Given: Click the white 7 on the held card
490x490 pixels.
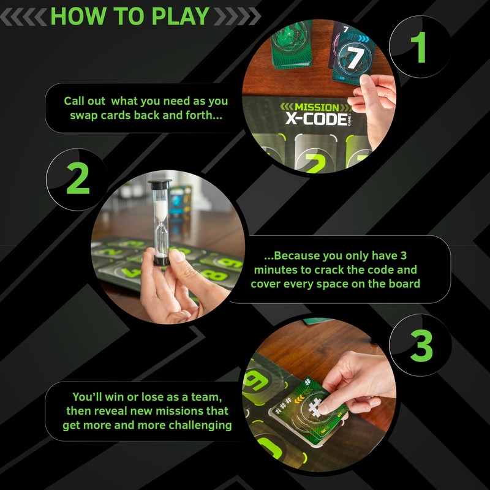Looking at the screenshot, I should (353, 58).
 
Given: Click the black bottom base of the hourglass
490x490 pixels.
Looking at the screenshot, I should (161, 262).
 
